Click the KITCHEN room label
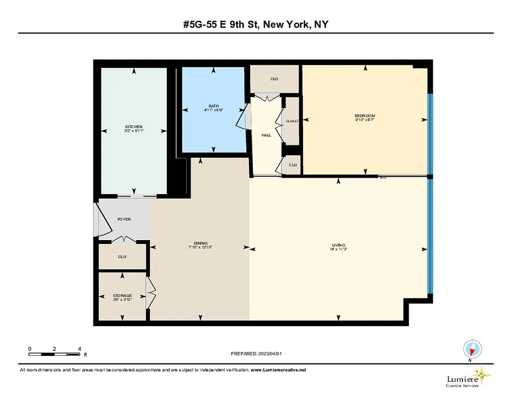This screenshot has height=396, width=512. (134, 127)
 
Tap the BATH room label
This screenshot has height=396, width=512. (213, 106)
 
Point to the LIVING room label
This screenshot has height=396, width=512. (338, 245)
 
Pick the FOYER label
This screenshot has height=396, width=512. (124, 219)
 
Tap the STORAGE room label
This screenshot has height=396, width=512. (122, 296)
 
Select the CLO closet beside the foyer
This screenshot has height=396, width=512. (122, 257)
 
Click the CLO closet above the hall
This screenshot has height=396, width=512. (274, 79)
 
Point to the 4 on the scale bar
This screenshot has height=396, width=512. (79, 349)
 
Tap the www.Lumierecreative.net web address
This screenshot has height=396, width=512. (279, 370)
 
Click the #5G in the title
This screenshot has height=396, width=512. (190, 24)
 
